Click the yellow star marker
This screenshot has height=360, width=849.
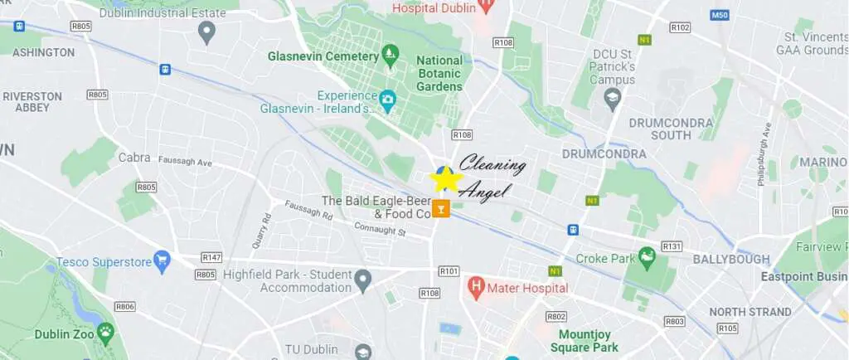point(446,178)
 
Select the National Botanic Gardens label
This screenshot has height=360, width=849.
point(439,73)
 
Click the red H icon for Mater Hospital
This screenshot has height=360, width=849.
point(476,288)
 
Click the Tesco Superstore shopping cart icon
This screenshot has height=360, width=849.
point(162,261)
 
